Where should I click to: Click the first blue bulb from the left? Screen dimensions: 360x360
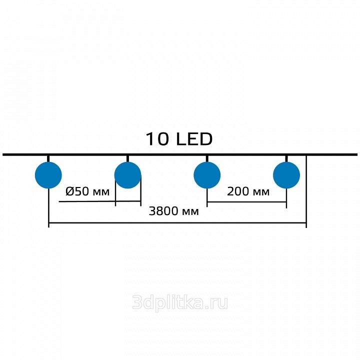(48, 175)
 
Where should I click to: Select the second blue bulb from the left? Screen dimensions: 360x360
(127, 175)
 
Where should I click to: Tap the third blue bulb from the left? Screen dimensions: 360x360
(207, 175)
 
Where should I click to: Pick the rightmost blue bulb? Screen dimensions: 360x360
(286, 175)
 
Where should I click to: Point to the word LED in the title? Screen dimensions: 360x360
(194, 139)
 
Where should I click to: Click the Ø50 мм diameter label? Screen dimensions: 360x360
(87, 191)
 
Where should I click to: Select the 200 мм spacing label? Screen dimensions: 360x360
(248, 191)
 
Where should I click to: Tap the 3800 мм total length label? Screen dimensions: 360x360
(174, 211)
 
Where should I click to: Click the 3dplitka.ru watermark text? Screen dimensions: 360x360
(180, 302)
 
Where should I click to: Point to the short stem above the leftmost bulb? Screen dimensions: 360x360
(48, 159)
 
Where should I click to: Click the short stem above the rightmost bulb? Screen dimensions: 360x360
(286, 159)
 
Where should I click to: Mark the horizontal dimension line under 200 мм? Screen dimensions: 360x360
(247, 202)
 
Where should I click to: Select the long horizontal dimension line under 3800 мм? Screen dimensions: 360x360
(177, 222)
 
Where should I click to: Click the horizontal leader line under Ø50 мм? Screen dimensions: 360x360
(99, 201)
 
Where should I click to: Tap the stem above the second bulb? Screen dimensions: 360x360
(127, 159)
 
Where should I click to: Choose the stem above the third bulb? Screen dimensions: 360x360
(207, 159)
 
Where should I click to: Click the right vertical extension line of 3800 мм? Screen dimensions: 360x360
(306, 191)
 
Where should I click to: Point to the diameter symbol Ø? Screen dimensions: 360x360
(69, 191)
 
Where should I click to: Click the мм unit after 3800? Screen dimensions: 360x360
(190, 212)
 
